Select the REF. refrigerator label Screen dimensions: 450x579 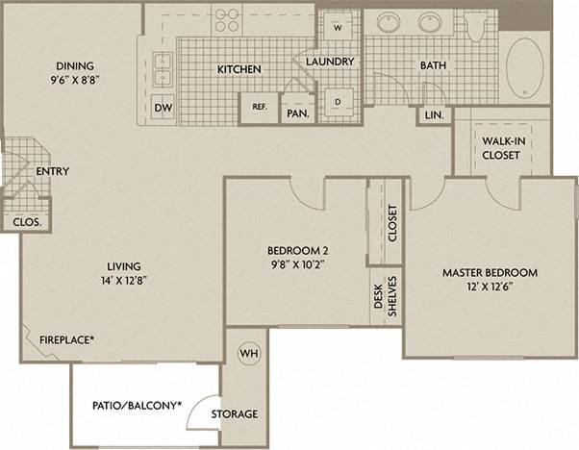tap(259, 107)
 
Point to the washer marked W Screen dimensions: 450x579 tap(339, 27)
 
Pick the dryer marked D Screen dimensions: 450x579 tap(339, 100)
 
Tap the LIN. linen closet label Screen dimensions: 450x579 tap(433, 113)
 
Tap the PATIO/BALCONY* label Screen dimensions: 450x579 tap(137, 405)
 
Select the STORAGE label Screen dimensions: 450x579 tap(234, 414)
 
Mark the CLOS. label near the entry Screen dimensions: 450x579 tap(26, 222)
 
